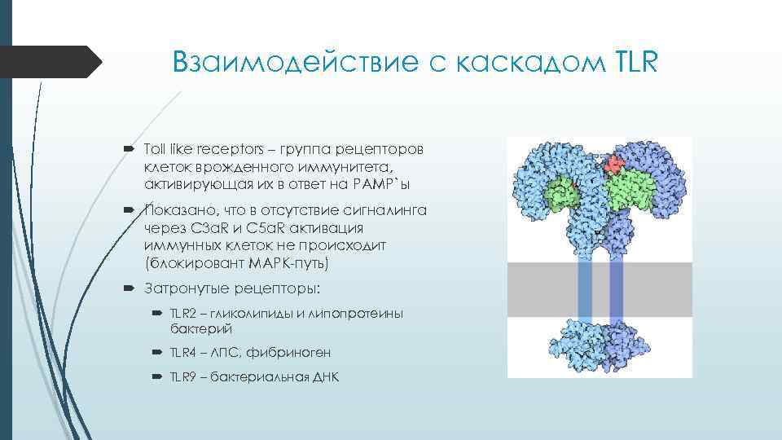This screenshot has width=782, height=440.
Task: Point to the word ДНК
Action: (323, 377)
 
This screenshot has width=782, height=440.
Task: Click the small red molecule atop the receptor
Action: (614, 164)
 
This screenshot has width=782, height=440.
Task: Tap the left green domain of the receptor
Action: (561, 194)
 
